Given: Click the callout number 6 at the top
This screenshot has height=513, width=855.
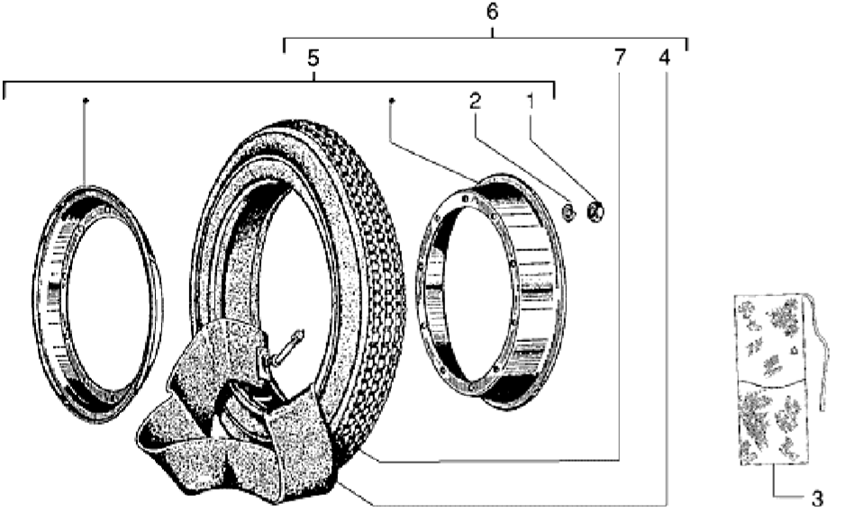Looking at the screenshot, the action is point(492,12).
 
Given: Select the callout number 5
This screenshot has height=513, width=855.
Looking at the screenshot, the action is point(313,58).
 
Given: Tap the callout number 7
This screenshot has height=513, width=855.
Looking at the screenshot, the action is point(620,57).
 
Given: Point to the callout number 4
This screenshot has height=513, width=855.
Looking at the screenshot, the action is point(664,57).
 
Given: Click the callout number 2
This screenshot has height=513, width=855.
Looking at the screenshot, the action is point(475,101).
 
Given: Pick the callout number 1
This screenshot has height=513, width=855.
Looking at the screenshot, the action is point(530,101).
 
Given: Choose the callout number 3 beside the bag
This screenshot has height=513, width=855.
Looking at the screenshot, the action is point(817,498).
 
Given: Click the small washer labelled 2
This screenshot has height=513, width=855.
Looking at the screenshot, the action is point(568,211).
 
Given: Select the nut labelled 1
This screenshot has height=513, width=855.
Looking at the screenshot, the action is point(596,211).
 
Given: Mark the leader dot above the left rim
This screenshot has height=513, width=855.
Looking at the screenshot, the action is point(85,101).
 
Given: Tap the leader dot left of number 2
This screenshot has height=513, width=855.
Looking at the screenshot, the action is point(392,101).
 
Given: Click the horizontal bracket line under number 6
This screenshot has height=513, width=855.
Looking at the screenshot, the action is point(486,38).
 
